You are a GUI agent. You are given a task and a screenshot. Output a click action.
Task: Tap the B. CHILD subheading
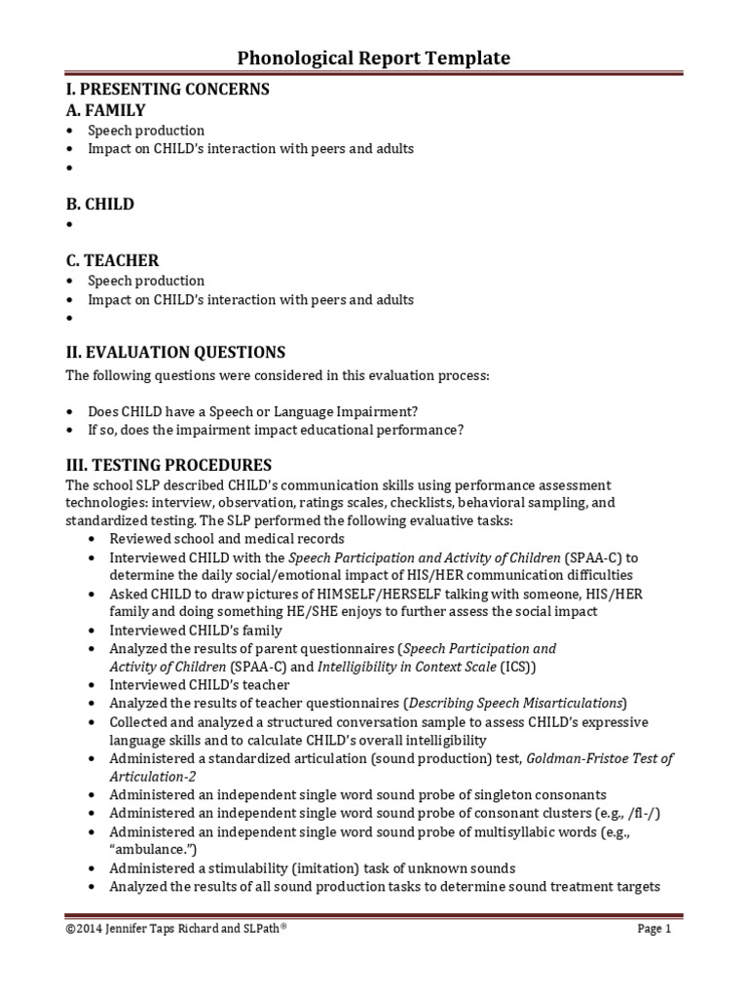coord(99,205)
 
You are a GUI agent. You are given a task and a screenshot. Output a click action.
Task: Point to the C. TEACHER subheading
coord(112,260)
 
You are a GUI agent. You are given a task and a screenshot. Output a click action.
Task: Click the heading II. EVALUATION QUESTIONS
coord(175,352)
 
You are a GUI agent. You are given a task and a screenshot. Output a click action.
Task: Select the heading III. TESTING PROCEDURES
coord(168,465)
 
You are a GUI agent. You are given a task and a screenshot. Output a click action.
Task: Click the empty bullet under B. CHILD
coord(71,225)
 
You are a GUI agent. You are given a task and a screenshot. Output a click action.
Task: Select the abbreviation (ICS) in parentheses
coord(518,667)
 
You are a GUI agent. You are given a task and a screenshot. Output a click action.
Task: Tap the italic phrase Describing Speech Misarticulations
coord(515,703)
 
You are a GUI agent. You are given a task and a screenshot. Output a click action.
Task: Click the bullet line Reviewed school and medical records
coord(227,539)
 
